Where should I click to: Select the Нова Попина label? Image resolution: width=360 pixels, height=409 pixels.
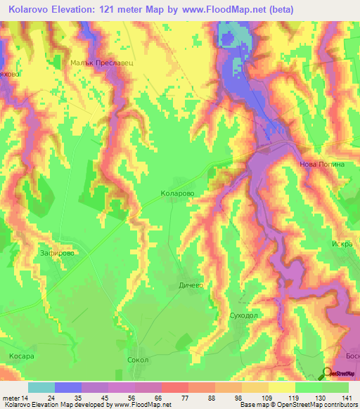322,164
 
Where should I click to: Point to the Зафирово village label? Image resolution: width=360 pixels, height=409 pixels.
57,252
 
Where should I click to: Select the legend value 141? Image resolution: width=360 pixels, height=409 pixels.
347,397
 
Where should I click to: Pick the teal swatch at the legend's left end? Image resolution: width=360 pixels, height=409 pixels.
41,387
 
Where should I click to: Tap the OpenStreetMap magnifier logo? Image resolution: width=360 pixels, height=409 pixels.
327,373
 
